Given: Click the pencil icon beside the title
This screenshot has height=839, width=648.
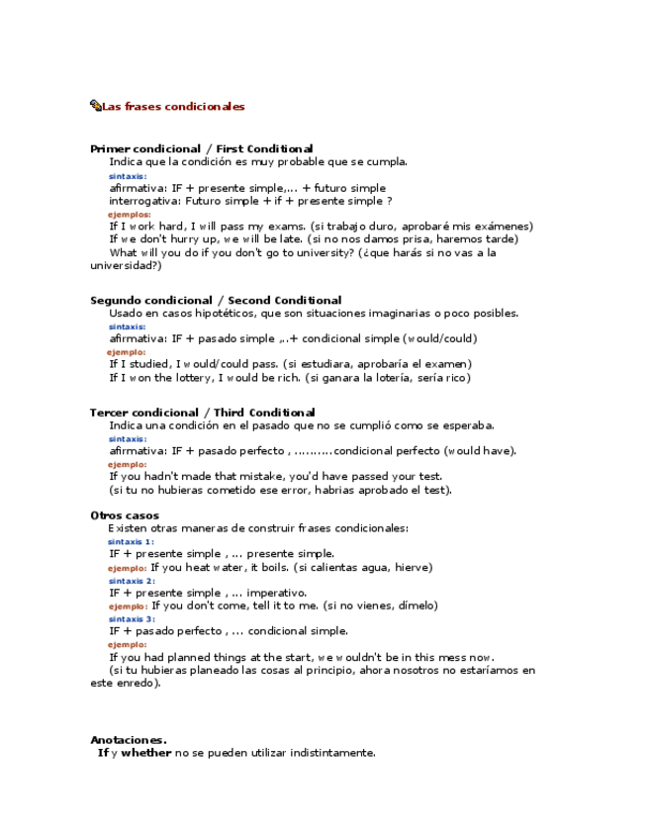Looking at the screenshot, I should click(95, 106).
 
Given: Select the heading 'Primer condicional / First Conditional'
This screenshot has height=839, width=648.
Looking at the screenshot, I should click(201, 148).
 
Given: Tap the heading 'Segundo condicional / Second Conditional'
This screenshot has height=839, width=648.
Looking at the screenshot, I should click(216, 300).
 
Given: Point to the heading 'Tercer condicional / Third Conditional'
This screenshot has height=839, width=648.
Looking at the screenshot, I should click(202, 413).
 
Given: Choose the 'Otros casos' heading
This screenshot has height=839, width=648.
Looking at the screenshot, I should click(124, 515).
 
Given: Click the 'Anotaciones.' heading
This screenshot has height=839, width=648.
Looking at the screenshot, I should click(128, 739).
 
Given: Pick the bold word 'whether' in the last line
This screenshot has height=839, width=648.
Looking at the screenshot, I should click(146, 753).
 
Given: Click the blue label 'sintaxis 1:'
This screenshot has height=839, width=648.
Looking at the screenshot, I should click(131, 541).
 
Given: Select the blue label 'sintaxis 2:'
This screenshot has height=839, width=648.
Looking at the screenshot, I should click(131, 581).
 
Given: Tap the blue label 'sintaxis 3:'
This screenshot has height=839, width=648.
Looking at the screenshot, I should click(131, 619).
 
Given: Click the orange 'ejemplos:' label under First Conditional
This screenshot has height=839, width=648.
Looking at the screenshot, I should click(129, 214).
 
